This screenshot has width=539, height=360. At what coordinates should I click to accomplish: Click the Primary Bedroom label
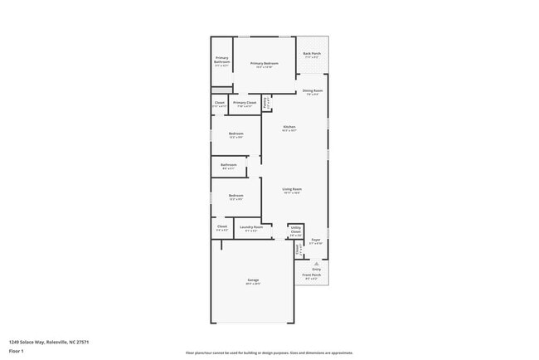tap(264, 64)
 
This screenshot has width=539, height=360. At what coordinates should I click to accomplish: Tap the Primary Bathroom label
tap(222, 61)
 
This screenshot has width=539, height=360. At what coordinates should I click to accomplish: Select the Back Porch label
tap(312, 54)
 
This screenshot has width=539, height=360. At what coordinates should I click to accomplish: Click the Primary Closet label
tap(246, 103)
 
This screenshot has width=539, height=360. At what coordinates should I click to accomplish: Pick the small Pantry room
tap(266, 104)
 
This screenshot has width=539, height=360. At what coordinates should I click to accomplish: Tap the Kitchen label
tap(289, 127)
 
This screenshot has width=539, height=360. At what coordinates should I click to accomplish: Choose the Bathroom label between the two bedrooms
tap(229, 165)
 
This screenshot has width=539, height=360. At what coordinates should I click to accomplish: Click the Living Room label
tap(292, 190)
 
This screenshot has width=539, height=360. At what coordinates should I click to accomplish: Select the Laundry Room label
tap(251, 226)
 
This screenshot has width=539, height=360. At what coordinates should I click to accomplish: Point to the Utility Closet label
tap(295, 231)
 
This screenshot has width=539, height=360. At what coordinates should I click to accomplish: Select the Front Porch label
tap(312, 275)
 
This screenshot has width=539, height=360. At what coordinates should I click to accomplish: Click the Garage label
tap(253, 280)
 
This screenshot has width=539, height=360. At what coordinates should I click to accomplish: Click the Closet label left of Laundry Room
tap(222, 226)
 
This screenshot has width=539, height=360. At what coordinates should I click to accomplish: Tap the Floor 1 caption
tap(17, 351)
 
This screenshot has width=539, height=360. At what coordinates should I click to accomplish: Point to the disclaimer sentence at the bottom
tap(269, 353)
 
